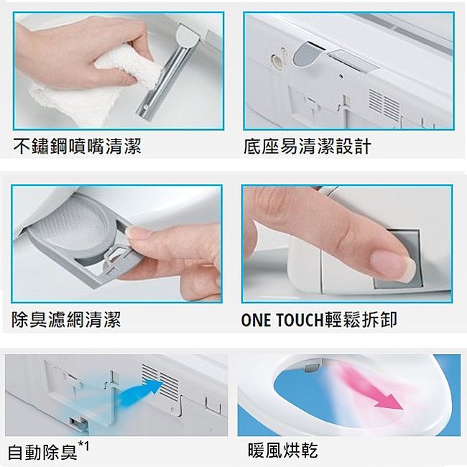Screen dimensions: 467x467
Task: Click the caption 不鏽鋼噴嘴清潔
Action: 77,147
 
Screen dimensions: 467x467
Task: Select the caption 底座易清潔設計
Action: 308,147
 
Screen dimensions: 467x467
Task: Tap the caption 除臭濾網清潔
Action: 66,320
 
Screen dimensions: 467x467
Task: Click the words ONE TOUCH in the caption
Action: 282,320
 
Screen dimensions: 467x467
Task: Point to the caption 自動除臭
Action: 42,451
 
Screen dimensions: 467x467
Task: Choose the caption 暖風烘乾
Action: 282,450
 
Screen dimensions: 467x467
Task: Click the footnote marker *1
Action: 83,447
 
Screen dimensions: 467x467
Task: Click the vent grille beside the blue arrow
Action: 161,380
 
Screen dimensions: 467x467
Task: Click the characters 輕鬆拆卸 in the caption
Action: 361,320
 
